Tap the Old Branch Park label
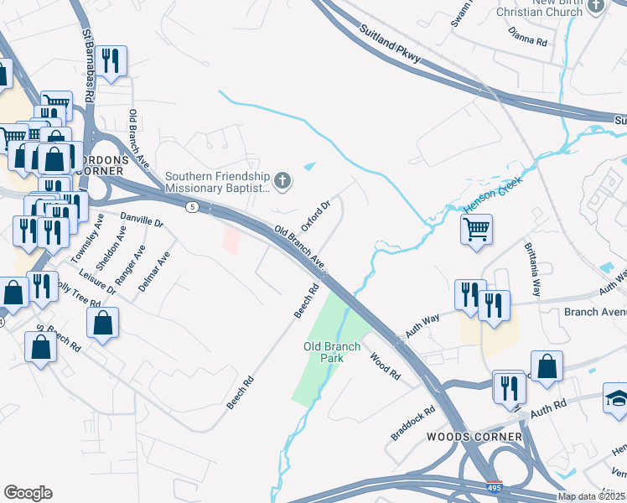click(333, 352)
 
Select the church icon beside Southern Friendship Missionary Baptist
click(283, 180)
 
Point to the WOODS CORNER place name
click(474, 437)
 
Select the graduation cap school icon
click(616, 399)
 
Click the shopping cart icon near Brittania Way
click(476, 228)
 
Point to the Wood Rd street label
click(385, 366)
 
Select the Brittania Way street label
click(531, 271)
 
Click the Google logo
click(28, 493)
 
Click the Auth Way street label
click(422, 325)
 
